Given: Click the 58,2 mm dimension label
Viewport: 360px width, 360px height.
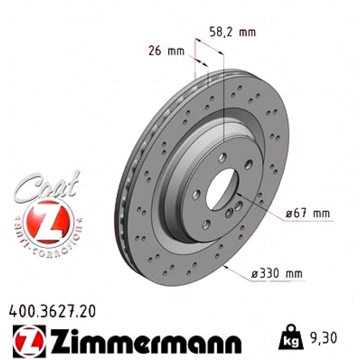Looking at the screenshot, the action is (232, 32).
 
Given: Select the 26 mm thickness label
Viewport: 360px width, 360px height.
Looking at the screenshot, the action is (167, 51).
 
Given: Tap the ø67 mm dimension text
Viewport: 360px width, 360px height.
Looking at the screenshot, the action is (308, 213).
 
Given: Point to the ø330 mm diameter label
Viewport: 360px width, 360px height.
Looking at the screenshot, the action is (277, 274).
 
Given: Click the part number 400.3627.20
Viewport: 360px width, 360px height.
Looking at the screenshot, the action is (52, 312).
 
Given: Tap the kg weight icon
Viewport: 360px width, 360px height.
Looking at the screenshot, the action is (291, 337).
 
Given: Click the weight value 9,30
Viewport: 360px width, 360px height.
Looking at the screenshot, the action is (323, 338).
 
